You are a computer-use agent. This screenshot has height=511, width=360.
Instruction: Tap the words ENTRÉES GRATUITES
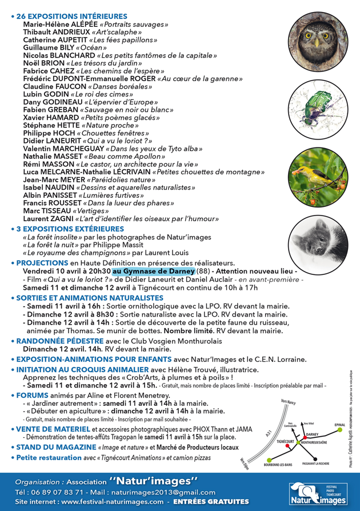pos(215,501)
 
